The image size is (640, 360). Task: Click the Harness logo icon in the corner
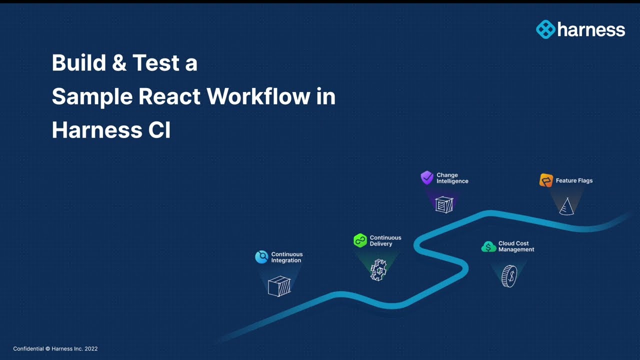[x=545, y=29]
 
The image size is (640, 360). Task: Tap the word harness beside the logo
[x=591, y=30]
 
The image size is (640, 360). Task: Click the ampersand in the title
[x=120, y=63]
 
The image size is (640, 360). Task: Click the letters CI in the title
[x=159, y=130]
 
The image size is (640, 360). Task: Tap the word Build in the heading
[x=79, y=63]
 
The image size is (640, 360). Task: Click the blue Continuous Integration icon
[x=261, y=257]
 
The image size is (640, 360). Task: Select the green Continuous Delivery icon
[x=360, y=240]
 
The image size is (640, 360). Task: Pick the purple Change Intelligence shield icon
[x=427, y=177]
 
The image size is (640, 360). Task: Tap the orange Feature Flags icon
[x=546, y=180]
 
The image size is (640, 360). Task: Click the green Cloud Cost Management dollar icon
[x=488, y=246]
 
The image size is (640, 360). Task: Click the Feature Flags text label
[x=574, y=180]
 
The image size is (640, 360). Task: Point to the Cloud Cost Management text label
[x=516, y=246]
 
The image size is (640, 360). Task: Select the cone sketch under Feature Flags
[x=566, y=206]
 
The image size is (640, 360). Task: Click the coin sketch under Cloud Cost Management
[x=508, y=276]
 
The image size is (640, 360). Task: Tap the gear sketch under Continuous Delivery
[x=378, y=270]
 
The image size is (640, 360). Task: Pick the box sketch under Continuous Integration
[x=279, y=286]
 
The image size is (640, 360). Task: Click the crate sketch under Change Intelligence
[x=444, y=204]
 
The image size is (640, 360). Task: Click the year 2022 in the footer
[x=91, y=348]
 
